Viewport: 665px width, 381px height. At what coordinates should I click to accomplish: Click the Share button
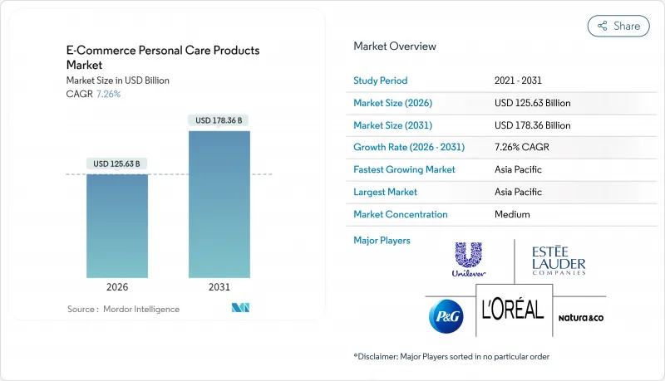[618, 26]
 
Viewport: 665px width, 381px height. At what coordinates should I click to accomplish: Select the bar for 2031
[219, 204]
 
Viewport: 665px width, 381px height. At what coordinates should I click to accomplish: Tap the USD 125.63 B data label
[117, 163]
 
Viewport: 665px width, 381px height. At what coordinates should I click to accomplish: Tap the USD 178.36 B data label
[219, 120]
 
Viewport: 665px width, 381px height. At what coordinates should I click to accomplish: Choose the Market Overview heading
[394, 46]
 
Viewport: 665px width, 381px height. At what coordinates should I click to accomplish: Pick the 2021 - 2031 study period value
[519, 81]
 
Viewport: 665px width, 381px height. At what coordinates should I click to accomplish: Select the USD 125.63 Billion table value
[532, 103]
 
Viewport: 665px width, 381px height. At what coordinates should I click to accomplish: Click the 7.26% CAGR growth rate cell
[523, 147]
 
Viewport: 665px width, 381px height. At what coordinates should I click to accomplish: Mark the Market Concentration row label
[401, 214]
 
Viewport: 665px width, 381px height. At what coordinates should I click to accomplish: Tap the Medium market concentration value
[512, 214]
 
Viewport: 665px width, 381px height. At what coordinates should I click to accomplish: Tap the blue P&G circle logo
[445, 316]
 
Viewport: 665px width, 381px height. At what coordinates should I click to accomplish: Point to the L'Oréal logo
[513, 310]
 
